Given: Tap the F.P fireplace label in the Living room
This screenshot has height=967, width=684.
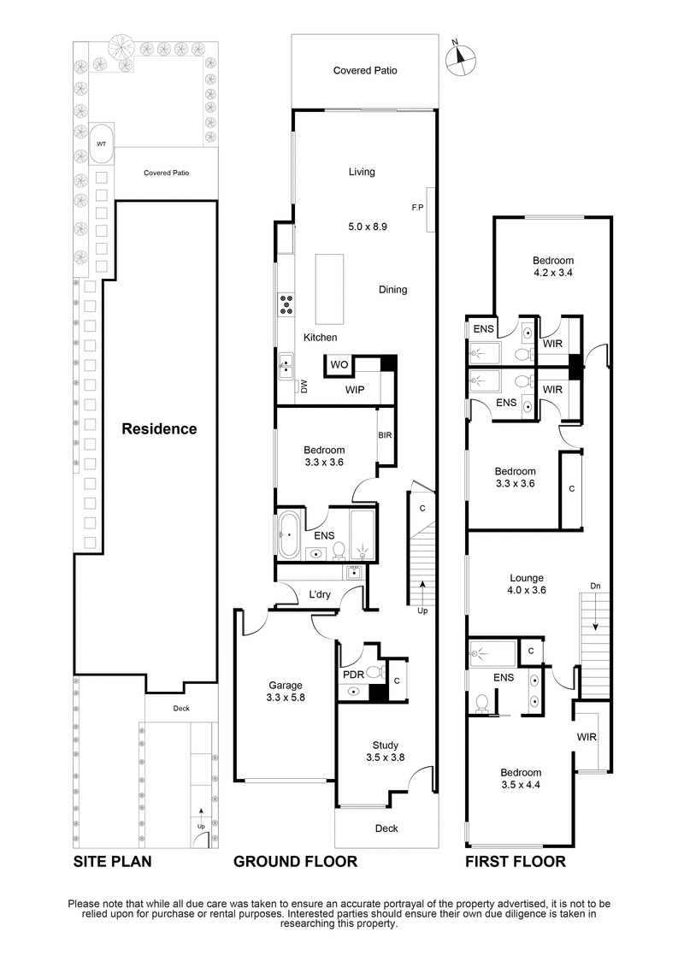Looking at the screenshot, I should click(417, 207).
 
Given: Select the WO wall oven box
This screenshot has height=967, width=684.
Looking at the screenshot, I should click(339, 365).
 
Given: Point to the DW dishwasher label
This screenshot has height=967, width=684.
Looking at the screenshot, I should click(304, 387).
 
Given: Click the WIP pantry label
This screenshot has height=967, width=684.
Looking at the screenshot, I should click(357, 390).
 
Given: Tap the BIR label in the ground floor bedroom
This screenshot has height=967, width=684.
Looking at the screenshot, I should click(385, 435).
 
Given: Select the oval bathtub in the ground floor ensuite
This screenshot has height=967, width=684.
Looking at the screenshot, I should click(288, 534).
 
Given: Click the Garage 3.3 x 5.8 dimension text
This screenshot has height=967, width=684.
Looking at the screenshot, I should click(286, 698).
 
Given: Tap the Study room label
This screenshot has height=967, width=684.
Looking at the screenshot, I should click(385, 745).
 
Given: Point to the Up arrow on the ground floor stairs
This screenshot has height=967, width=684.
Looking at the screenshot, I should click(422, 601).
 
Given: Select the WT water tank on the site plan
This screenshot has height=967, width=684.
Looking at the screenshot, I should click(101, 144).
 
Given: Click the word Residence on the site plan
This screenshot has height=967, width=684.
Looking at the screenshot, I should click(158, 428).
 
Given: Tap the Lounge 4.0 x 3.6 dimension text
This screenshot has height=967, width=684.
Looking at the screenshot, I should click(526, 590).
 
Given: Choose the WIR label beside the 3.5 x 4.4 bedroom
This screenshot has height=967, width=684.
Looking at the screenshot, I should click(587, 736).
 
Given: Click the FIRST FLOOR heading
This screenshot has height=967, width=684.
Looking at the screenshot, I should click(515, 861).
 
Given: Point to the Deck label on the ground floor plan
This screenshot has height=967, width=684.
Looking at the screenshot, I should click(386, 828).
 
